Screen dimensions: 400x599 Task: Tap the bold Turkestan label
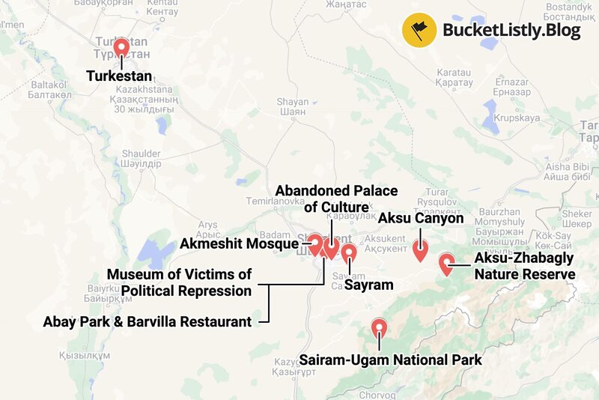coord(119,76)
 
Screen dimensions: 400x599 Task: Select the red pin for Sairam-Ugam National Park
coord(380,329)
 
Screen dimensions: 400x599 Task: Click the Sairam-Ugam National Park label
coord(390,360)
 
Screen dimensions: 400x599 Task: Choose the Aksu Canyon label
coord(421,218)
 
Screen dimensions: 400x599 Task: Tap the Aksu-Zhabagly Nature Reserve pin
coord(446,263)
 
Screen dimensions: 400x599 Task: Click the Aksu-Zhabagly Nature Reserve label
coord(524,266)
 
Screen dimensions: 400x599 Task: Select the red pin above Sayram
coord(349,253)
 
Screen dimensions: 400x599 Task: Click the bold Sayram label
coord(368,285)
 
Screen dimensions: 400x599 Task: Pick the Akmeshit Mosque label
coord(239,243)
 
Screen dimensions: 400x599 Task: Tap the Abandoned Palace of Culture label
coord(336,199)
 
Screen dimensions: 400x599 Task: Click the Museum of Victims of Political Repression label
coord(179,282)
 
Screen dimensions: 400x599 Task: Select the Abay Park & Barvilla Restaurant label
coord(147,322)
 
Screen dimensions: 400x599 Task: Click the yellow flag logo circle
coord(417,31)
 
